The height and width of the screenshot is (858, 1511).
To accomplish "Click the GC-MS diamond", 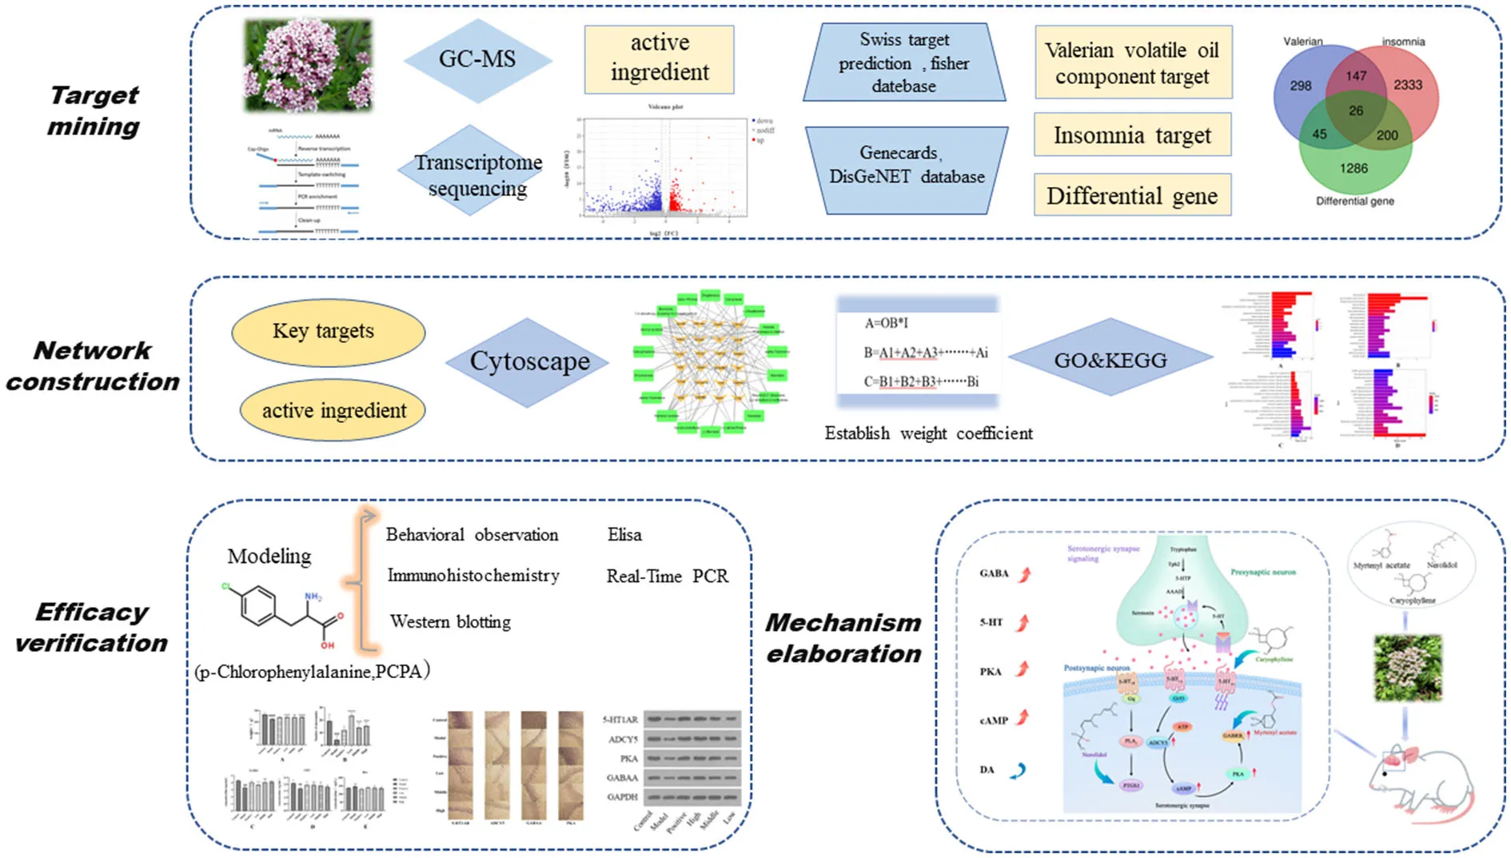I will pos(477,59).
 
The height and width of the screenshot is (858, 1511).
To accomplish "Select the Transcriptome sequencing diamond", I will pos(477,174).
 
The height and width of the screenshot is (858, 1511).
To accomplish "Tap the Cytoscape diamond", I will pos(528,361).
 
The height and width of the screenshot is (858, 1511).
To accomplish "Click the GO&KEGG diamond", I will pos(1110,360).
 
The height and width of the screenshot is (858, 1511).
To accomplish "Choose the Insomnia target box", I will pos(1131,135).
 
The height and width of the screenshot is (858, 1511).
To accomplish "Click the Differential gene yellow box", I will pos(1131,196).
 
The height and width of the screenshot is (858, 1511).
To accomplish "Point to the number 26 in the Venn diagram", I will pos(1356,111).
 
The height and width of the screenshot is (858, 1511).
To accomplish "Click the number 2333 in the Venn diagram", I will pos(1408,85).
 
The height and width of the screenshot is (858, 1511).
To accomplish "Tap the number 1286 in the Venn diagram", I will pos(1354,169).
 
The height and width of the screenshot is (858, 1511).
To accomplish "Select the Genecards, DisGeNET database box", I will pos(906,166).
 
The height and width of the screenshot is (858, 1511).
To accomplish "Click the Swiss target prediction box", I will pos(903,62).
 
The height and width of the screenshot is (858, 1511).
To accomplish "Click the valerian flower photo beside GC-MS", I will pos(309,66).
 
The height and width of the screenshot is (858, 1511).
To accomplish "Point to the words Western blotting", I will pos(450,622).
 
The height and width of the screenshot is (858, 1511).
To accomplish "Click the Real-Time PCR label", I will pos(667,577).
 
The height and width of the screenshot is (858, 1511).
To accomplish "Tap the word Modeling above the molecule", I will pos(269,557).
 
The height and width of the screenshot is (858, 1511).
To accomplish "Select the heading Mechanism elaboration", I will pos(843,638).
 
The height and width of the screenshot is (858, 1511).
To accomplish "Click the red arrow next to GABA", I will pos(1024,573).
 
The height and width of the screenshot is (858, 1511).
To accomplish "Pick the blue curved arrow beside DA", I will pos(1018,771).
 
